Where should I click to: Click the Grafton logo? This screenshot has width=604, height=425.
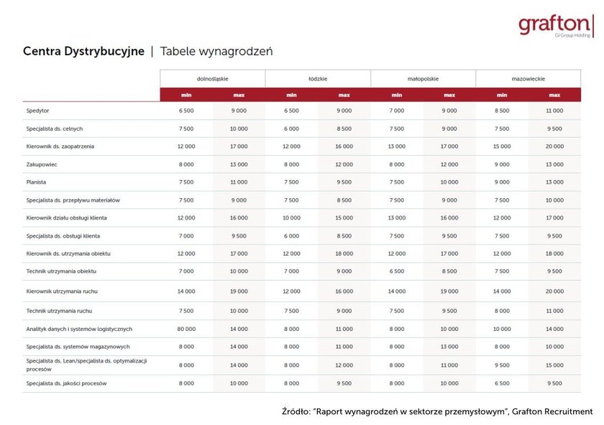pyautogui.click(x=555, y=25)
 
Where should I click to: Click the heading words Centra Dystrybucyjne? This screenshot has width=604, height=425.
pyautogui.click(x=83, y=52)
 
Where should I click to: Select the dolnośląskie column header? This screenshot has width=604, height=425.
pyautogui.click(x=212, y=79)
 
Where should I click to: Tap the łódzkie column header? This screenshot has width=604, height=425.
pyautogui.click(x=318, y=79)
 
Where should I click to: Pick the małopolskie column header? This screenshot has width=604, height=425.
pyautogui.click(x=423, y=79)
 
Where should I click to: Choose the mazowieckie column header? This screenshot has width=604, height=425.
pyautogui.click(x=528, y=79)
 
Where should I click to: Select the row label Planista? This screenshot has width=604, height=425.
pyautogui.click(x=36, y=182)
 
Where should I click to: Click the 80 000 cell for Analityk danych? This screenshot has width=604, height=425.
pyautogui.click(x=186, y=329)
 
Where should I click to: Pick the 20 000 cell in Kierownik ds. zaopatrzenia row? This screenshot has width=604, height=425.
pyautogui.click(x=554, y=146)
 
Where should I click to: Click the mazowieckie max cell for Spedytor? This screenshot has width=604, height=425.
pyautogui.click(x=554, y=111)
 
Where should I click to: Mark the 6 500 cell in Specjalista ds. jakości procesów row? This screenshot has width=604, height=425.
pyautogui.click(x=502, y=383)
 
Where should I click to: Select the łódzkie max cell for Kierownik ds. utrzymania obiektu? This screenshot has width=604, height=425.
pyautogui.click(x=344, y=253)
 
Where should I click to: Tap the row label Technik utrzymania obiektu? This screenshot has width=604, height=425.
pyautogui.click(x=61, y=271)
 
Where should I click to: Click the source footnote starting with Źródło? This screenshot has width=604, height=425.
pyautogui.click(x=437, y=411)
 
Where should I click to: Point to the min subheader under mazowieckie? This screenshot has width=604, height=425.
pyautogui.click(x=502, y=95)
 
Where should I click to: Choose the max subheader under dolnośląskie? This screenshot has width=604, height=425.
pyautogui.click(x=239, y=95)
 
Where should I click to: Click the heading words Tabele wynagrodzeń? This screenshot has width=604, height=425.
pyautogui.click(x=216, y=52)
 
